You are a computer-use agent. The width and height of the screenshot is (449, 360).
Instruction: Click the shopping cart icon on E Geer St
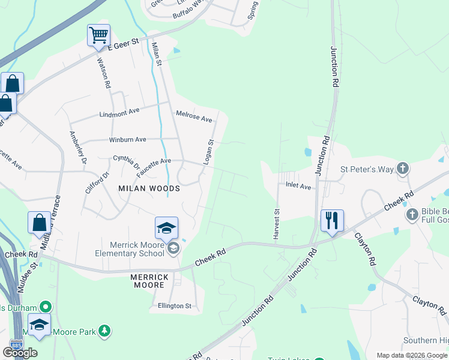click(x=98, y=34)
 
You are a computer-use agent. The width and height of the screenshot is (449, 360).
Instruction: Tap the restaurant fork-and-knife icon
click(x=331, y=220)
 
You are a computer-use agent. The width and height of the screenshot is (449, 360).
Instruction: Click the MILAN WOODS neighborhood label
click(x=149, y=188)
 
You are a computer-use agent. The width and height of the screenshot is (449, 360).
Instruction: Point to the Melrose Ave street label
click(x=194, y=116)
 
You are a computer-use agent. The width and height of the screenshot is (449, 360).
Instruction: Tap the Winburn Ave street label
click(x=127, y=140)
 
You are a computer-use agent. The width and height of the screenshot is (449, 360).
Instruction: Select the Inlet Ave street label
click(x=298, y=187)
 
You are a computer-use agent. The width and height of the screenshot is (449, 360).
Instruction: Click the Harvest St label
click(x=277, y=224)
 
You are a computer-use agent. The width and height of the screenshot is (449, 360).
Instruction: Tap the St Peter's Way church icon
click(x=402, y=169)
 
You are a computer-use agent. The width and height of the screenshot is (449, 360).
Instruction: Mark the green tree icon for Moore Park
click(x=104, y=331)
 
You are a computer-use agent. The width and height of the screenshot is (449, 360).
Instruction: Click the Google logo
click(x=20, y=353)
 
